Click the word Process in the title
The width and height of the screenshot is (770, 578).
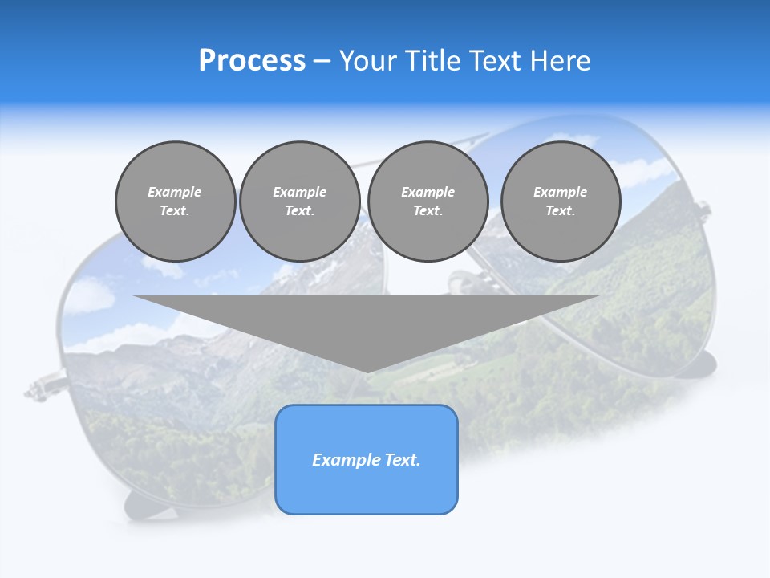click(x=252, y=61)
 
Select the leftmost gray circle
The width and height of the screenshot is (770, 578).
click(x=176, y=201)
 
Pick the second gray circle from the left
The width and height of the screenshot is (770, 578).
click(x=300, y=201)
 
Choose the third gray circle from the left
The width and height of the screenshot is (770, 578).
click(x=428, y=201)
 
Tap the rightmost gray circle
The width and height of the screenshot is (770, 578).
click(x=561, y=201)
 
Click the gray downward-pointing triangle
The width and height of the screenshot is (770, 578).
click(x=366, y=321)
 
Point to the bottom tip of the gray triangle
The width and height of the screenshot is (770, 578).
click(x=367, y=370)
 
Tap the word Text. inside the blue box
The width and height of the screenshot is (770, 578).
click(x=402, y=460)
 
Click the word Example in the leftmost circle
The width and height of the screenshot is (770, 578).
click(x=175, y=192)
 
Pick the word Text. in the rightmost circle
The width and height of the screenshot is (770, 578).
click(x=561, y=211)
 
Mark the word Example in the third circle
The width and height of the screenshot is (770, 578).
click(x=428, y=192)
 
